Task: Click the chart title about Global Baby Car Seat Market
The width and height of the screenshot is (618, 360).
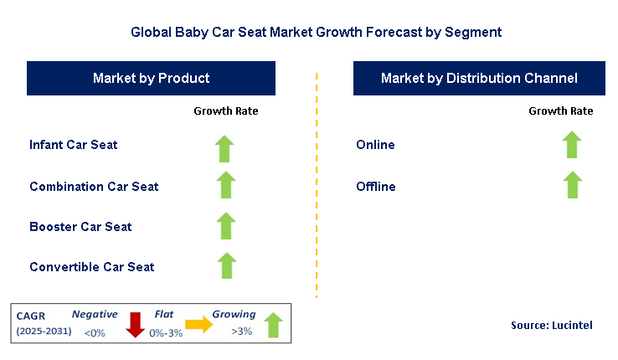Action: tap(316, 33)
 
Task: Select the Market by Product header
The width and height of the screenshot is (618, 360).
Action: tap(151, 79)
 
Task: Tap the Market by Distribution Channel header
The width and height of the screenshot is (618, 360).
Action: tap(479, 79)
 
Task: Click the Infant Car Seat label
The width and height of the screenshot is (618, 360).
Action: tap(74, 145)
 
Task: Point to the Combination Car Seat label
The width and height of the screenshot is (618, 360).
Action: tap(94, 186)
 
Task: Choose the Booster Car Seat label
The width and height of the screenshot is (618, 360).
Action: tap(80, 226)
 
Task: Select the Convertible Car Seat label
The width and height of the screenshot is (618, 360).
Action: tap(92, 267)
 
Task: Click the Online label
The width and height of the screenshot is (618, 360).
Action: tap(375, 145)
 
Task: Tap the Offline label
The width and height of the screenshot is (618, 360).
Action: tap(376, 186)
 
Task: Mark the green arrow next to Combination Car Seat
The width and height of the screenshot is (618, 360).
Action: tap(224, 185)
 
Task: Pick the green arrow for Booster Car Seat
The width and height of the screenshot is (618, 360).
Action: tap(224, 225)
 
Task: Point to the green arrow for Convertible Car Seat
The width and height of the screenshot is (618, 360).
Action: tap(224, 265)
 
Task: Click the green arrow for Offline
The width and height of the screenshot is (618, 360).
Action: tap(572, 184)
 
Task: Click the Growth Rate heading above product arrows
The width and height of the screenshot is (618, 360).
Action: tap(226, 111)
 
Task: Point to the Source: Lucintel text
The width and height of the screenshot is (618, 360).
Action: tap(551, 325)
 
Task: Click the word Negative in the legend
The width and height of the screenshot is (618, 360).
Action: tap(95, 314)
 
